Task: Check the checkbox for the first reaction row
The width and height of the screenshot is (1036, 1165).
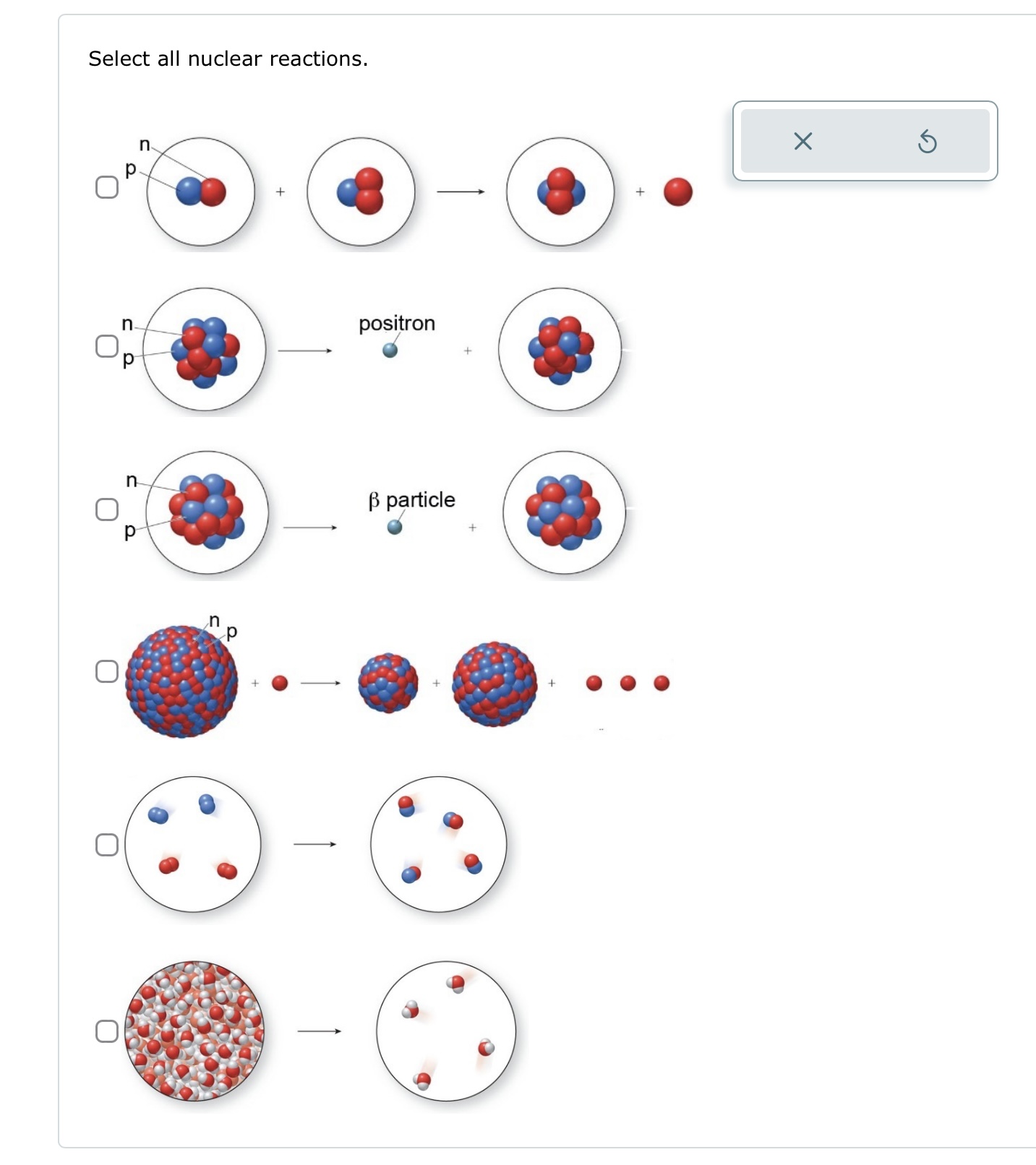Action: pos(107,187)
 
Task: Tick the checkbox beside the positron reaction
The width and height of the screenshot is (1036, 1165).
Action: pos(107,346)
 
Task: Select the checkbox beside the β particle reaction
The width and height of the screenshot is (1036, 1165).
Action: pos(107,510)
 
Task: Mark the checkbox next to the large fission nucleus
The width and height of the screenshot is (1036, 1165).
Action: pos(107,671)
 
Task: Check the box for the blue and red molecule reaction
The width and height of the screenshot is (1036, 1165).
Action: pos(107,845)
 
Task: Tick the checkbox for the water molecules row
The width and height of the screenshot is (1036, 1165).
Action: pos(107,1031)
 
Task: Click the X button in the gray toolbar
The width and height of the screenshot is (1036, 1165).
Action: pos(802,142)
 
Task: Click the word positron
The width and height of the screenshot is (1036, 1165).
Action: pos(397,323)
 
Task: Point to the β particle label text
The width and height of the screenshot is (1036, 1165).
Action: pos(411,500)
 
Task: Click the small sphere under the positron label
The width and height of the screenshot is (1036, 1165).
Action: pos(390,351)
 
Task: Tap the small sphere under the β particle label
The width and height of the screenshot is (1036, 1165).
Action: pos(395,528)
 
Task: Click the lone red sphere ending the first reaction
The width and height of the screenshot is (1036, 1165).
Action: pos(677,192)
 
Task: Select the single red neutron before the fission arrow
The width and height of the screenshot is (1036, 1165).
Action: pos(280,683)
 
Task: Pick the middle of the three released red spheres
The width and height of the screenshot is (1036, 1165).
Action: pos(628,683)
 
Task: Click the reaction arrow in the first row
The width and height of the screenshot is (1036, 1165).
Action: pos(461,192)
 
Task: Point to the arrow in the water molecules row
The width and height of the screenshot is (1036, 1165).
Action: pos(319,1031)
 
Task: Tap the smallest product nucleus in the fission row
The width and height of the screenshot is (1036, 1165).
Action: pos(388,683)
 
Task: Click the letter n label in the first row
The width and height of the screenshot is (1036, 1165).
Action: pos(145,145)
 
